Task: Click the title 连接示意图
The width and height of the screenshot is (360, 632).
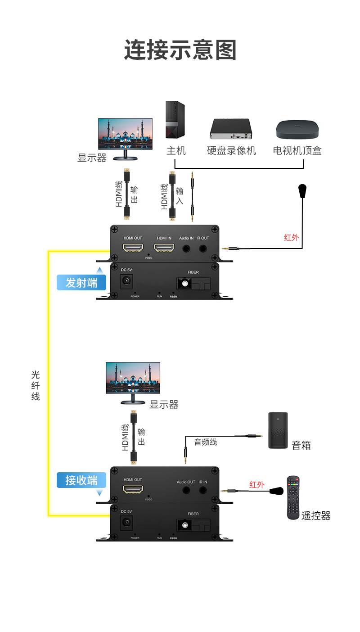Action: pos(180,50)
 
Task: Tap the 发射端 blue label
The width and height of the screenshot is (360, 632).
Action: pos(81,283)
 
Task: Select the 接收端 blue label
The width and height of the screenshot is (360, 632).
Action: pos(81,480)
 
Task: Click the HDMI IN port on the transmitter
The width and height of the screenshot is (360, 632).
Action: pos(164,248)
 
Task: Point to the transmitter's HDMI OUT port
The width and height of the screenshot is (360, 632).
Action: pos(133,248)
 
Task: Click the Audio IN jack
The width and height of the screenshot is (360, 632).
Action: pos(186,248)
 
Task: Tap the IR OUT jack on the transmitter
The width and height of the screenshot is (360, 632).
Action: pos(203,248)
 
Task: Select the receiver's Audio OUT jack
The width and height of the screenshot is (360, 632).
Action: pos(186,490)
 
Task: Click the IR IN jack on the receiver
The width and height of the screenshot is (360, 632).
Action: pos(203,490)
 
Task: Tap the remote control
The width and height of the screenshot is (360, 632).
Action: pos(293,497)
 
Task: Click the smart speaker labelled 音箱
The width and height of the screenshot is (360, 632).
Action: pos(278,430)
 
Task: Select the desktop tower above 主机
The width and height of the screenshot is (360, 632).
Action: pos(175,120)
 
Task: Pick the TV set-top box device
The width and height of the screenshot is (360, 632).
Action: pos(297,129)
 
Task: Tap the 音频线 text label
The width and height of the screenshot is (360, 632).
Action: pos(205,442)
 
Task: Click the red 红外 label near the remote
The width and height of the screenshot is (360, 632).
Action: pos(257,484)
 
